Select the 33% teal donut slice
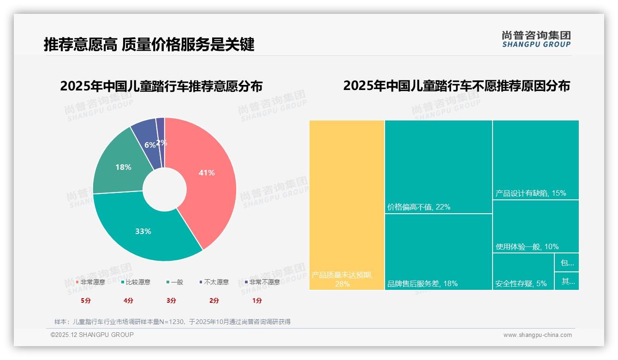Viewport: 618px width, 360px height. pyautogui.click(x=143, y=231)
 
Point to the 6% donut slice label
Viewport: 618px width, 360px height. pyautogui.click(x=149, y=145)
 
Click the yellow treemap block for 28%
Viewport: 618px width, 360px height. pyautogui.click(x=346, y=203)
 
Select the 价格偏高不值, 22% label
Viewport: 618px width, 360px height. pyautogui.click(x=419, y=207)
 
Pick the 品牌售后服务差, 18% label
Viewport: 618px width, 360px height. pyautogui.click(x=422, y=283)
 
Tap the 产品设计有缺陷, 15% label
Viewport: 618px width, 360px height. pyautogui.click(x=530, y=193)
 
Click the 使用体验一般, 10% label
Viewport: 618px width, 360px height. pyautogui.click(x=527, y=247)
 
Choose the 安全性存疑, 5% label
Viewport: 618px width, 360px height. pyautogui.click(x=521, y=283)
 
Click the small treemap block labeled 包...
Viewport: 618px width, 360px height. pyautogui.click(x=567, y=263)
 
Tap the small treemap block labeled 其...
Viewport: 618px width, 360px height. pyautogui.click(x=567, y=281)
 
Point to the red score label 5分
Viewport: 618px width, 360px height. pyautogui.click(x=86, y=300)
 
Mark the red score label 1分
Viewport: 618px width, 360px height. pyautogui.click(x=257, y=300)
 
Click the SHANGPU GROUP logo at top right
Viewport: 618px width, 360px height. pyautogui.click(x=536, y=39)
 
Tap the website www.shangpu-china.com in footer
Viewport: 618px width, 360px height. pyautogui.click(x=537, y=335)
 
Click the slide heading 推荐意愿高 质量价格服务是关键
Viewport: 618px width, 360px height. pyautogui.click(x=149, y=44)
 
